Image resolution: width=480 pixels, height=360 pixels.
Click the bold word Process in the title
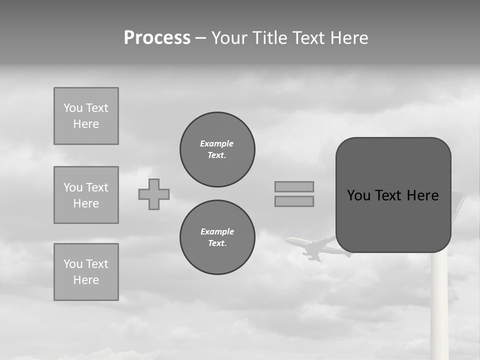coord(157,38)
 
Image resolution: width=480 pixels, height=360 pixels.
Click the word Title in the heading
coord(270,38)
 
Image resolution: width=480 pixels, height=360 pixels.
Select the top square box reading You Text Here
coord(86,116)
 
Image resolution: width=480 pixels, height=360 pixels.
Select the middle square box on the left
coord(86,195)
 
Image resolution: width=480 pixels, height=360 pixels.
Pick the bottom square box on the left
coord(86,272)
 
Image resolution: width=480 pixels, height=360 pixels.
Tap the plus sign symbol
coord(154,194)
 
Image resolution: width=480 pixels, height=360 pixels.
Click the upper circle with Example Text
coord(217,149)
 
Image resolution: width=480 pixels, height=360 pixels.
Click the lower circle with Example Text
coord(217,237)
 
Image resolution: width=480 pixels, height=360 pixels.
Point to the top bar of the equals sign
coord(294,186)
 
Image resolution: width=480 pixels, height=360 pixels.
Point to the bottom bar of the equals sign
coord(294,201)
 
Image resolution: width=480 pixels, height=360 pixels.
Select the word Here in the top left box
coord(86,124)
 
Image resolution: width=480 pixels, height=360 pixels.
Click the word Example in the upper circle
coord(217,143)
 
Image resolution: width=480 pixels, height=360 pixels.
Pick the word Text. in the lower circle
coord(217,243)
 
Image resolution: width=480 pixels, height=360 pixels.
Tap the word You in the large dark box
coord(359,195)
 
